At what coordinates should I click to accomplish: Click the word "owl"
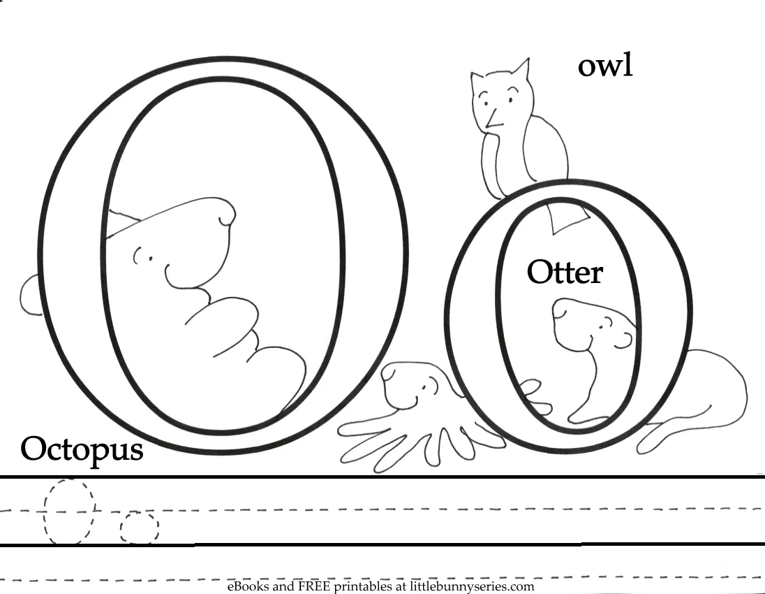pos(604,66)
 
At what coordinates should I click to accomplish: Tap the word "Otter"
pos(564,273)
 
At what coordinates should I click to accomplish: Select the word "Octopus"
pos(82,449)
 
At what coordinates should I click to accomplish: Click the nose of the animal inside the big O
pos(224,212)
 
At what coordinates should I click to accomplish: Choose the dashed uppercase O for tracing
pos(68,511)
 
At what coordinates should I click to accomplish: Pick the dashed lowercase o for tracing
pos(139,528)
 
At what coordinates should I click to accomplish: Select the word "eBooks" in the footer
pos(246,587)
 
